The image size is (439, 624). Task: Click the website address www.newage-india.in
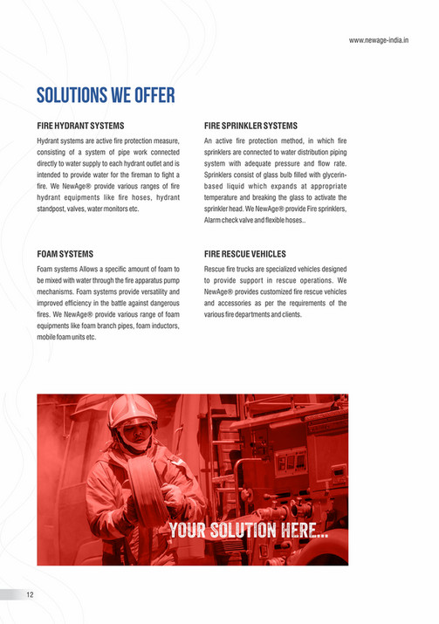(x=385, y=40)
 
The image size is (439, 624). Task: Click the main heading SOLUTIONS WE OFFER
(x=106, y=94)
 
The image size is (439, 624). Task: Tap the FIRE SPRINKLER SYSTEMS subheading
(x=250, y=126)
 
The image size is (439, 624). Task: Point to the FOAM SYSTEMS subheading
(x=65, y=254)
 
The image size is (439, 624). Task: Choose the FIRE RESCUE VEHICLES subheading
(x=245, y=254)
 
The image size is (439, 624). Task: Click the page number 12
(x=30, y=594)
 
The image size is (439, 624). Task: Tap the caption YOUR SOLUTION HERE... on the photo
(x=249, y=530)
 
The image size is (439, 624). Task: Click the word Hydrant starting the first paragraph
(x=51, y=141)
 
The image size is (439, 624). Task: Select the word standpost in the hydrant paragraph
(x=54, y=209)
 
